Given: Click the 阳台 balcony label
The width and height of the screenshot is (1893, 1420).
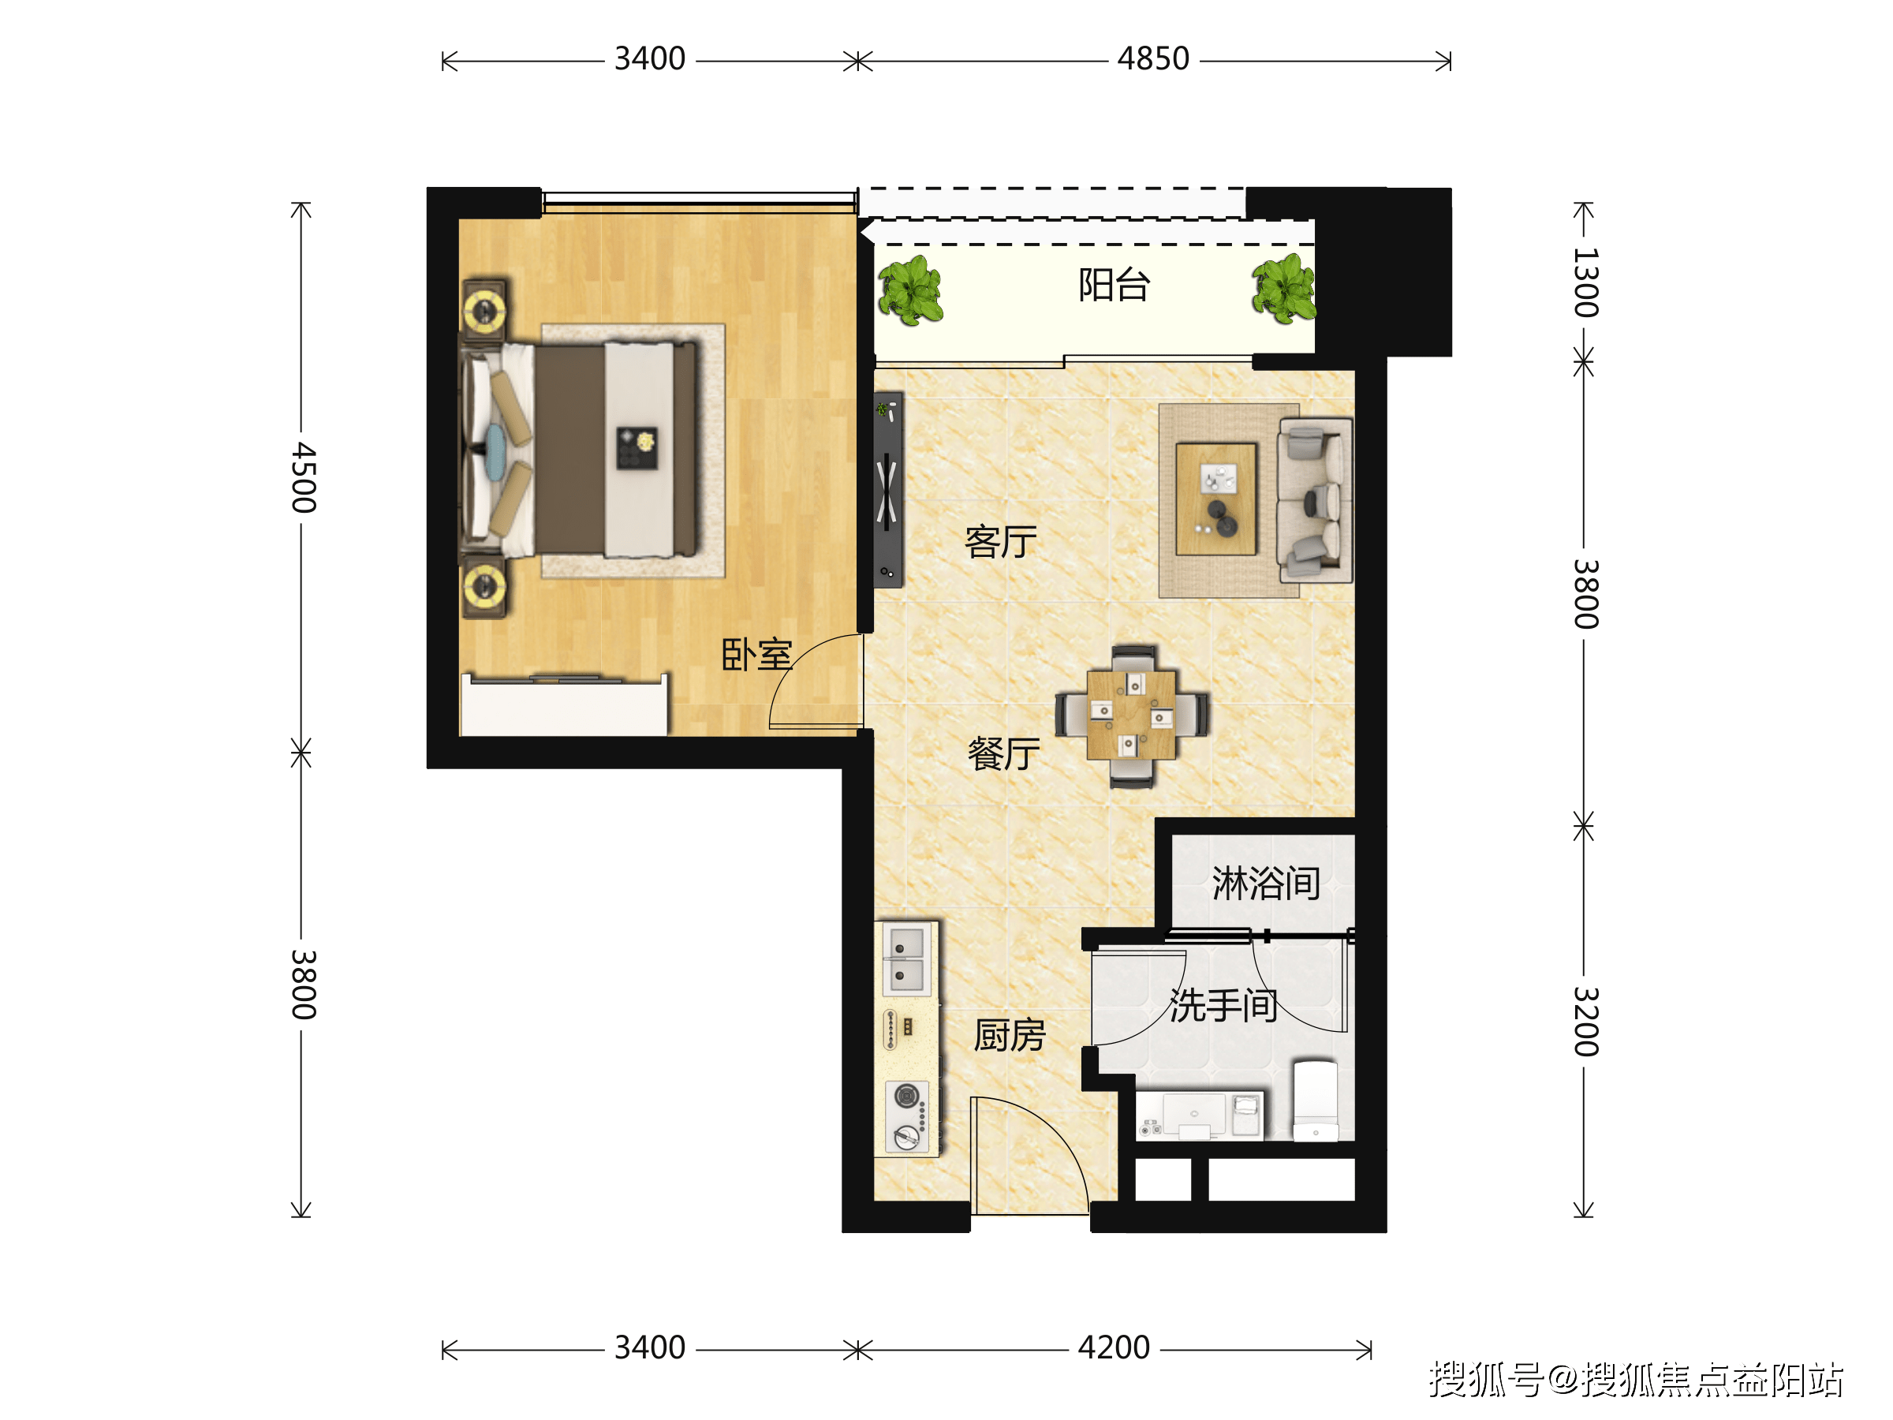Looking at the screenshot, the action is (x=1114, y=284).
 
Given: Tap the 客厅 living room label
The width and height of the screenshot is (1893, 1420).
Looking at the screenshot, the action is (x=1000, y=541).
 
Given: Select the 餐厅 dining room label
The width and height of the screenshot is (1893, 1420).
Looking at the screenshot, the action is (x=1004, y=753).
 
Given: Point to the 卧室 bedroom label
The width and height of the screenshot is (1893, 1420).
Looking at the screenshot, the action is (x=756, y=654).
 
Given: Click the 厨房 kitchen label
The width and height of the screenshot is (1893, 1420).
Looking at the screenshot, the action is (x=1010, y=1035).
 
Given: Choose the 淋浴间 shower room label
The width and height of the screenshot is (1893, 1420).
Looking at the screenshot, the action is (x=1267, y=883).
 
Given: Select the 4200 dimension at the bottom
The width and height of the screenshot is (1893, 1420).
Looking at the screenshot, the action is (x=1114, y=1347).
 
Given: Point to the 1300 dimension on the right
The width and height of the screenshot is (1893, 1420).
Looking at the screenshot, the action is (x=1585, y=282).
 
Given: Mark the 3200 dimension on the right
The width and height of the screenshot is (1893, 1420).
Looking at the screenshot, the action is (x=1585, y=1021).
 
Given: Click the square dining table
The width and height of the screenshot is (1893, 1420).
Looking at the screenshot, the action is (x=1131, y=716).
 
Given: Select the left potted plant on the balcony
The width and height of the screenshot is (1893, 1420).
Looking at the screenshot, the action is (x=910, y=290).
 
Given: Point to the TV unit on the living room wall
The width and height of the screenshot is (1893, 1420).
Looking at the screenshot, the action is (x=888, y=490).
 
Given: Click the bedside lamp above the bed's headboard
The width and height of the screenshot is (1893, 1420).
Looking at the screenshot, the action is (x=485, y=309).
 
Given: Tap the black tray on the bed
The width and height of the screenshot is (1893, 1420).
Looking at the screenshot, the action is (x=637, y=447).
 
